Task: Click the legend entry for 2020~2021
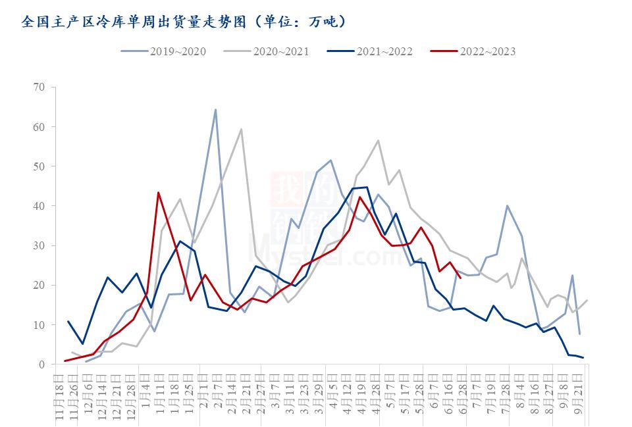pyautogui.click(x=267, y=51)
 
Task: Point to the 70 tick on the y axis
pyautogui.click(x=39, y=87)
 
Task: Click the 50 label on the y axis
pyautogui.click(x=39, y=166)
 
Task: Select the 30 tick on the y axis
pyautogui.click(x=39, y=245)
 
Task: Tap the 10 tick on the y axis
pyautogui.click(x=39, y=325)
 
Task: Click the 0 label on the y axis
pyautogui.click(x=42, y=364)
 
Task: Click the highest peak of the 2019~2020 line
pyautogui.click(x=215, y=110)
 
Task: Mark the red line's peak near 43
pyautogui.click(x=159, y=193)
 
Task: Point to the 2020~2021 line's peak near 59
pyautogui.click(x=241, y=129)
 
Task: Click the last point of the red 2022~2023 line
pyautogui.click(x=460, y=278)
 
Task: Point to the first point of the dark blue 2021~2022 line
pyautogui.click(x=68, y=322)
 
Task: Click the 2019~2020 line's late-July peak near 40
pyautogui.click(x=507, y=205)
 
